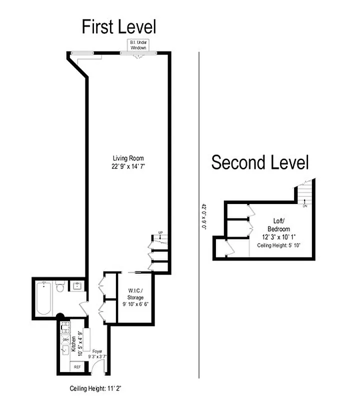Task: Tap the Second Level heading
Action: [x=260, y=162]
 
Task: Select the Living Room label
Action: [x=127, y=158]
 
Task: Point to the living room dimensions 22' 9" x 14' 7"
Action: [x=128, y=167]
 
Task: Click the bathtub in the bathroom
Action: [x=43, y=299]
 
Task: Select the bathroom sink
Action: [x=77, y=286]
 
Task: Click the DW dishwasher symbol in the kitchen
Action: [x=64, y=338]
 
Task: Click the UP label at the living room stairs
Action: [x=160, y=232]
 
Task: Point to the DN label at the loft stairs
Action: [x=305, y=205]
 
